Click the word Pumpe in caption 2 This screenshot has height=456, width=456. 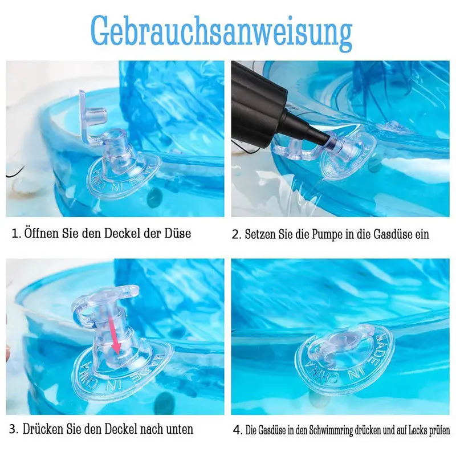[321, 234]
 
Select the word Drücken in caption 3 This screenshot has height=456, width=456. [46, 429]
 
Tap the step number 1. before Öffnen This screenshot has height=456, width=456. [16, 234]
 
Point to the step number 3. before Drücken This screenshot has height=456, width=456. [15, 429]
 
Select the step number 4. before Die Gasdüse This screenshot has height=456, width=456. [237, 430]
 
